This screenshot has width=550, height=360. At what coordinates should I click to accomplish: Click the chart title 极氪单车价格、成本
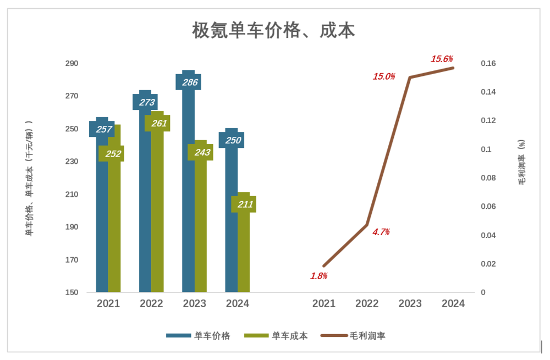[x=273, y=31]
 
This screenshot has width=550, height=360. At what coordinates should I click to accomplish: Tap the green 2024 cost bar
[x=244, y=253]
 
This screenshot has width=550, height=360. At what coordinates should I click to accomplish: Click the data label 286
[x=188, y=82]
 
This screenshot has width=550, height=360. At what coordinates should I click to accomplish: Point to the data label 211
[x=244, y=204]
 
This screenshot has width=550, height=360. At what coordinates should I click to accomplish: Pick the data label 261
[x=157, y=123]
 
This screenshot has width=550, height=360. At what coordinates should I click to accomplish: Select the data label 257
[x=102, y=129]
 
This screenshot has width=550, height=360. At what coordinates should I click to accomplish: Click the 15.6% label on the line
[x=442, y=59]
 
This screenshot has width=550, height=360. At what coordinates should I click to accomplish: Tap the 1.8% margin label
[x=319, y=276]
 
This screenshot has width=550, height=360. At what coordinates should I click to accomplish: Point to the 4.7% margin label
[x=381, y=232]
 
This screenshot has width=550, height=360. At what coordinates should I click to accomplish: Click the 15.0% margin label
[x=384, y=76]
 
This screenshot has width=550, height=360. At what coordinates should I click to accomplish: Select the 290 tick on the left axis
[x=71, y=64]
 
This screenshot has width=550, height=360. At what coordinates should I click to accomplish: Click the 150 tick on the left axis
[x=71, y=292]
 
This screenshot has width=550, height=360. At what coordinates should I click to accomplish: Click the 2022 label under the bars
[x=151, y=304]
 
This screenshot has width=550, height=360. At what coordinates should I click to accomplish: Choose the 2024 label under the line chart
[x=453, y=304]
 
